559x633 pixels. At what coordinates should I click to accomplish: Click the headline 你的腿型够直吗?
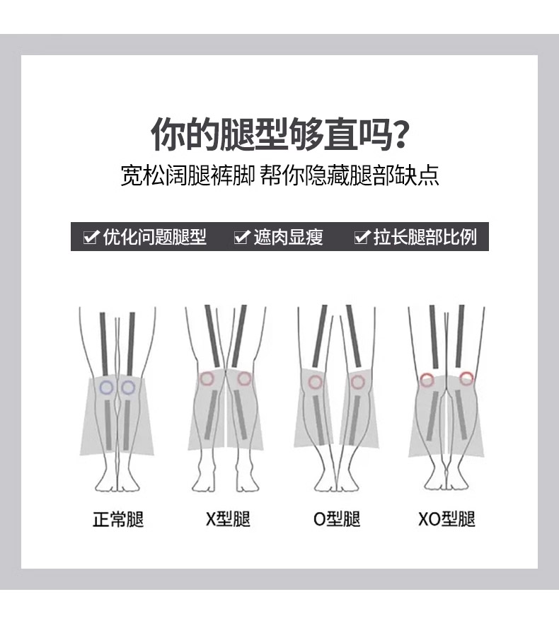(x=279, y=134)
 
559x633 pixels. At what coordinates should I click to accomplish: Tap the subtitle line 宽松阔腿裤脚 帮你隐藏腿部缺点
(x=279, y=175)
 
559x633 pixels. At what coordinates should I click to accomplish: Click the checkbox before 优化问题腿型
(x=91, y=236)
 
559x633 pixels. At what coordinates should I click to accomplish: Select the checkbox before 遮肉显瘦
(x=242, y=236)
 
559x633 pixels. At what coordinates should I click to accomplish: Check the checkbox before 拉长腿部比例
(x=362, y=236)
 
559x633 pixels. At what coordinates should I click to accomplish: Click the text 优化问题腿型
(x=155, y=236)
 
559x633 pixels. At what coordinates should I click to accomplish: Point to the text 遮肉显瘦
(x=289, y=236)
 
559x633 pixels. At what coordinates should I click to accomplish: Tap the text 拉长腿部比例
(x=425, y=236)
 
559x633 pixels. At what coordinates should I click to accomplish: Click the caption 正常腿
(x=118, y=519)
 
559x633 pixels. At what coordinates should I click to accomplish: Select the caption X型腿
(x=228, y=519)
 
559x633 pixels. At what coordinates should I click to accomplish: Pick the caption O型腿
(x=337, y=519)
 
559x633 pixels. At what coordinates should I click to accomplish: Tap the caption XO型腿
(x=446, y=519)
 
